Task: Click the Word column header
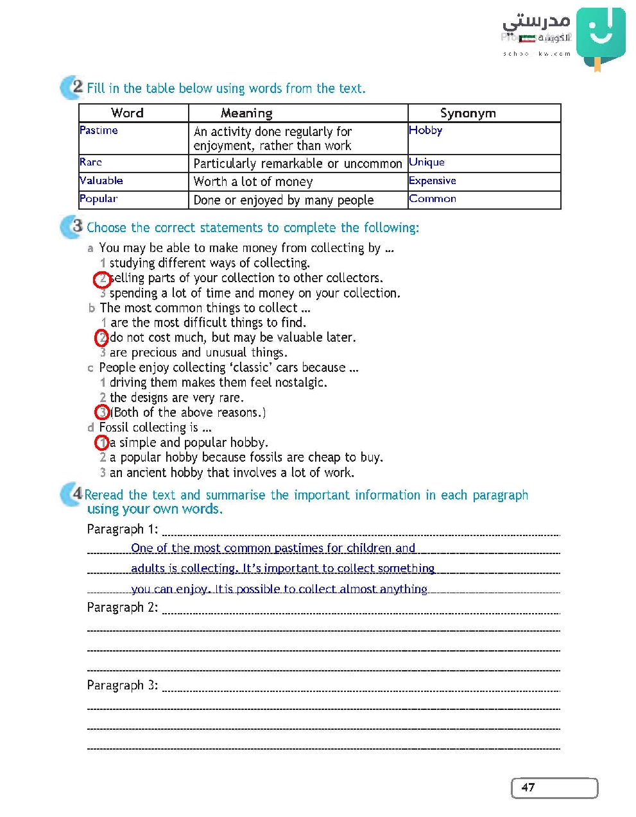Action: [127, 113]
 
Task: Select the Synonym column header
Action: [468, 114]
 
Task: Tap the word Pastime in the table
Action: [99, 130]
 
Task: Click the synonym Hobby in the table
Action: [425, 130]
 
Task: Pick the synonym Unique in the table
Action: [427, 162]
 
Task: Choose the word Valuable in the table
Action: [101, 181]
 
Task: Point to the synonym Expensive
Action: [433, 181]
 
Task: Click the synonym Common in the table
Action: [433, 199]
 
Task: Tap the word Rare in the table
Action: [91, 162]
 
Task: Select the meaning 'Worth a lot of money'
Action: [253, 182]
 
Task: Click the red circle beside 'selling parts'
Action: [101, 279]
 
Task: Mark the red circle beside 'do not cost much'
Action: [101, 338]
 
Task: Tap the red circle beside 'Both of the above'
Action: [102, 412]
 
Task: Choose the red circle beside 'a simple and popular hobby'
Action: [102, 442]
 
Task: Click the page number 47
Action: [528, 788]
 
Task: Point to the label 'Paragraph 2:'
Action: [122, 607]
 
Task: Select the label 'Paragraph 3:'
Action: [122, 686]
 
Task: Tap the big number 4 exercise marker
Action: [76, 493]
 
